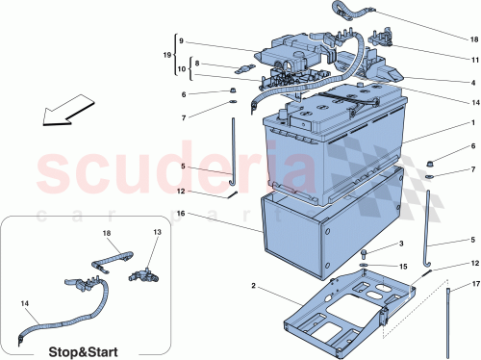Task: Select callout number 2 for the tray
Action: pos(252,286)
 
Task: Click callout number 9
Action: pos(180,42)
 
